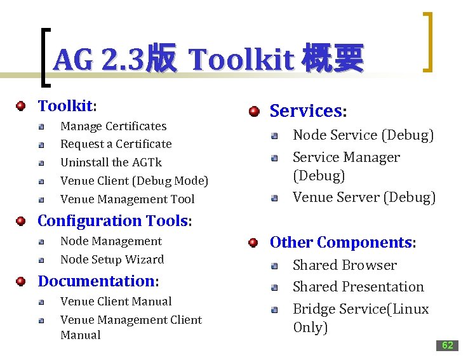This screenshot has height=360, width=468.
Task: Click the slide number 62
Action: point(447,345)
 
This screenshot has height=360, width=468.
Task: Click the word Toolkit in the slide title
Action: point(241,60)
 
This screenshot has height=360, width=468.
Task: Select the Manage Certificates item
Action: point(113,126)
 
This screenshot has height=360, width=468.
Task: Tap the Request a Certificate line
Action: point(116,144)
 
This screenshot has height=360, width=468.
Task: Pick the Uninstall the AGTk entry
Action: point(110,163)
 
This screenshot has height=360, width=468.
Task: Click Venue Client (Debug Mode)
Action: point(134,181)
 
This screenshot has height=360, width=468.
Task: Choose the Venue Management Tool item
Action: point(127,199)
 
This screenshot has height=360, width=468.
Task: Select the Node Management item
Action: point(110,241)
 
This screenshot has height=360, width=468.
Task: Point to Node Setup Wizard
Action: point(112,260)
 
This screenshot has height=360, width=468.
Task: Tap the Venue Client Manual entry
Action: point(116,302)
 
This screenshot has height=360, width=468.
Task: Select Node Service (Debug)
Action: point(363,135)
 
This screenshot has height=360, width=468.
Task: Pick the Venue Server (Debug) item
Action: point(364,197)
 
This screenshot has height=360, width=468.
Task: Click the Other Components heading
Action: point(342,243)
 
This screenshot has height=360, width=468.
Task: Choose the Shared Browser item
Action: point(344,265)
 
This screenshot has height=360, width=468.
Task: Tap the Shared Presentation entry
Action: point(358,287)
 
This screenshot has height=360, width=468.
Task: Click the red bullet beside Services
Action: point(254,111)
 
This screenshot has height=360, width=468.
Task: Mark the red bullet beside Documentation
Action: point(22,281)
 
